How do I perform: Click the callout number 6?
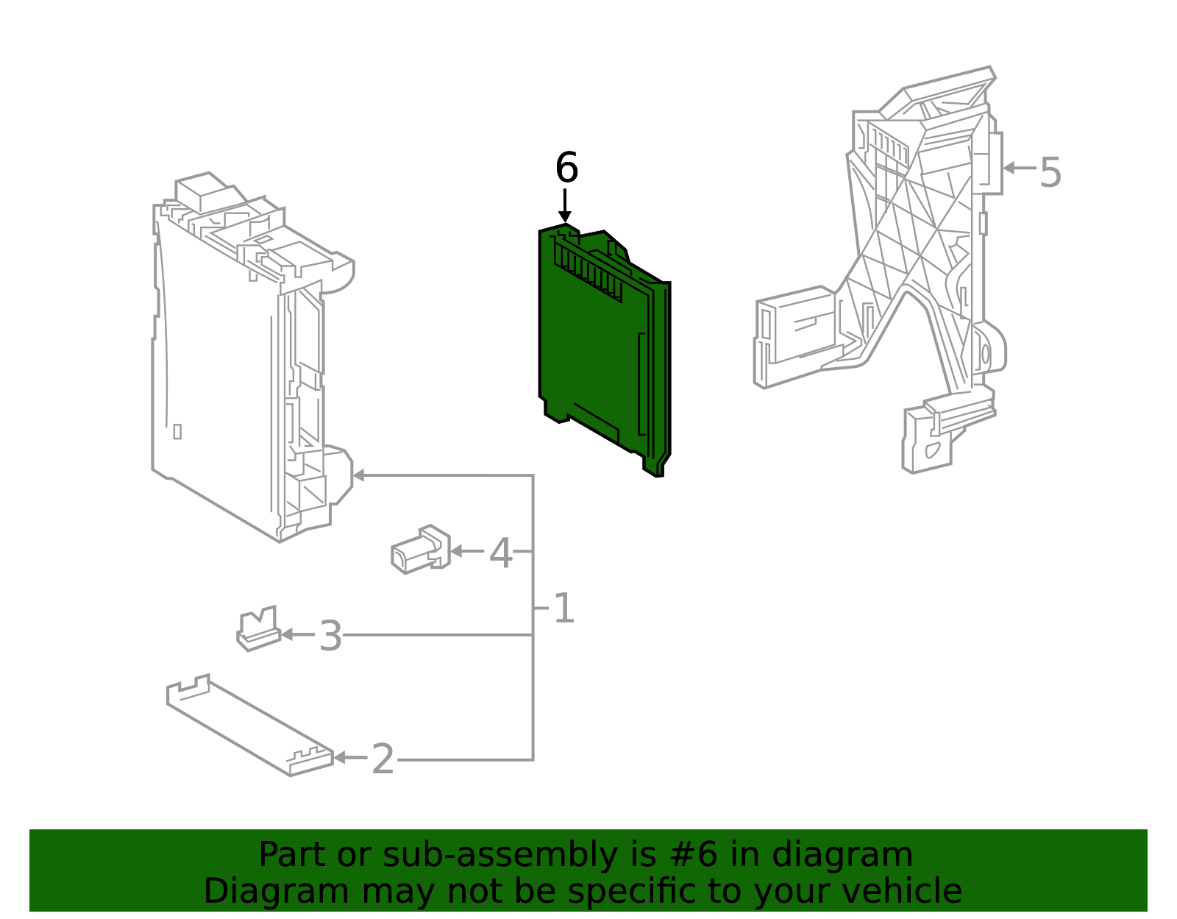566,168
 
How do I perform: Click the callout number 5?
1050,174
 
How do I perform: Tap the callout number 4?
500,553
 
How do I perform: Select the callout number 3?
330,636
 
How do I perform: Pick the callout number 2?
383,759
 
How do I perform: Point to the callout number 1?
563,609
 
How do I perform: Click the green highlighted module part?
596,353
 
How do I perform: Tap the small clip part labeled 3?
257,630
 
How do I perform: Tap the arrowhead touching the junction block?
359,475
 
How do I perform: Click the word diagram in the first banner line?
857,855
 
